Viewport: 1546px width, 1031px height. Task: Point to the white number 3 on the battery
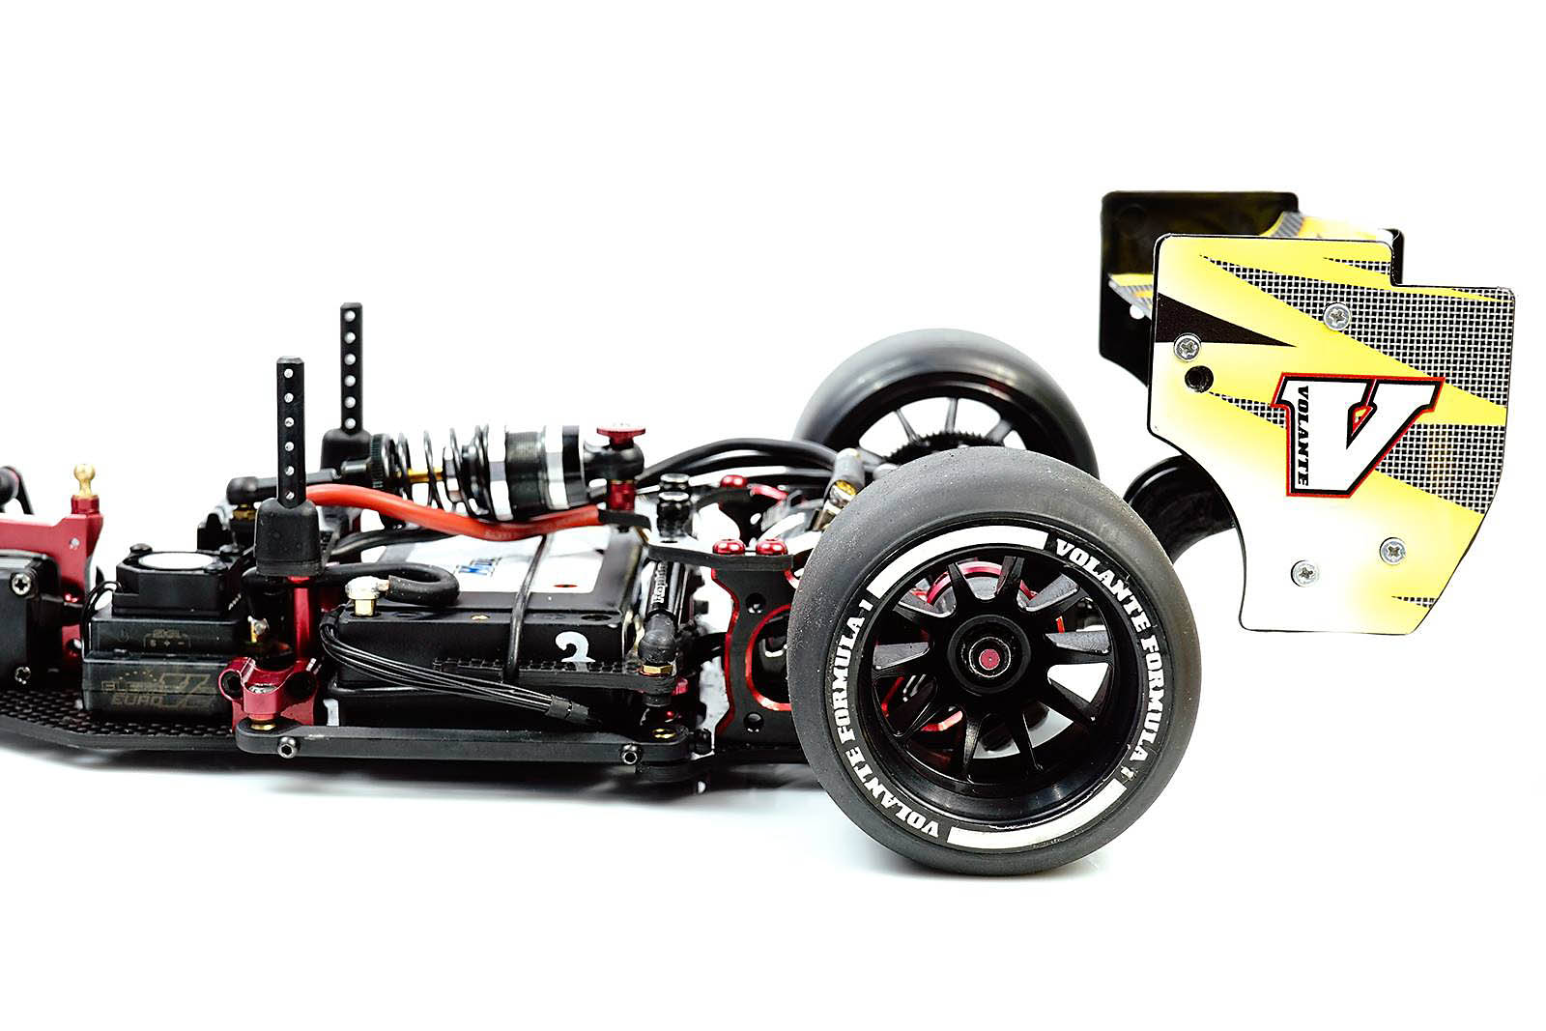[x=574, y=649]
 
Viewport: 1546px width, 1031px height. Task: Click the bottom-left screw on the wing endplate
[x=1303, y=573]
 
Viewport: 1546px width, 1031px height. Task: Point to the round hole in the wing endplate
[x=1199, y=377]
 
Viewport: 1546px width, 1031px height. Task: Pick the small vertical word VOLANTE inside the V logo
[x=1302, y=434]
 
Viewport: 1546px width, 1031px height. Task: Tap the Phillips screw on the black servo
[x=21, y=583]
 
